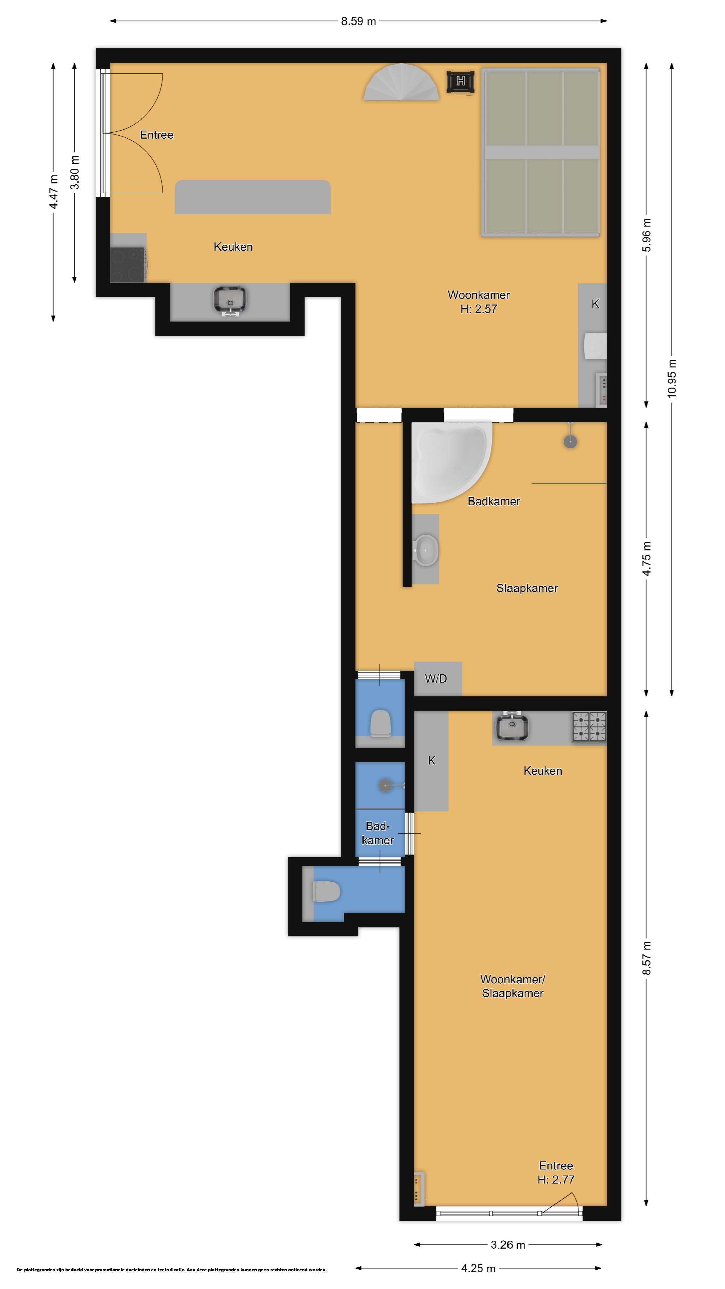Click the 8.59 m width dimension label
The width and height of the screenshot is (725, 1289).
pyautogui.click(x=358, y=21)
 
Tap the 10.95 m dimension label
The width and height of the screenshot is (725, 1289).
pyautogui.click(x=671, y=379)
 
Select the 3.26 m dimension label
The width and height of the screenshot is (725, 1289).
pyautogui.click(x=508, y=1244)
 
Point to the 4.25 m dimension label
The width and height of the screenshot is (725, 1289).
pyautogui.click(x=478, y=1268)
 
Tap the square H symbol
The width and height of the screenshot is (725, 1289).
pyautogui.click(x=460, y=81)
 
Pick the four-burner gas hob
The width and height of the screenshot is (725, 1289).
pyautogui.click(x=589, y=726)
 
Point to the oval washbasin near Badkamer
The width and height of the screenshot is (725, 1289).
pyautogui.click(x=425, y=550)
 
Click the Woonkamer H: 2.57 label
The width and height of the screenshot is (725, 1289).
pyautogui.click(x=478, y=302)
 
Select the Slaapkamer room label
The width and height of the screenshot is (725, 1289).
pyautogui.click(x=527, y=588)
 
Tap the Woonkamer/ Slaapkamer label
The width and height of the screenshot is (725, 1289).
pyautogui.click(x=512, y=986)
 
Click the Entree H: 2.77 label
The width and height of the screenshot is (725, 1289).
pyautogui.click(x=556, y=1173)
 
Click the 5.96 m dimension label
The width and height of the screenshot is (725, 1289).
pyautogui.click(x=646, y=235)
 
